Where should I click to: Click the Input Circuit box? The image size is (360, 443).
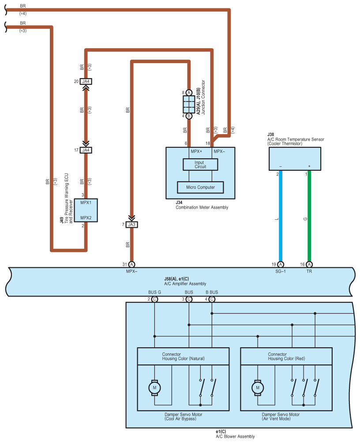(200, 165)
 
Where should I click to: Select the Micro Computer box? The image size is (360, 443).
(200, 188)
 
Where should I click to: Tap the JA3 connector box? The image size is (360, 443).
(131, 225)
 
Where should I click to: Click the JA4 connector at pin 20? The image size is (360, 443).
(86, 81)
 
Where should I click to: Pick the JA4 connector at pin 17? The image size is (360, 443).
(86, 150)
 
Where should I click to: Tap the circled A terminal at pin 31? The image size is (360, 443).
(131, 264)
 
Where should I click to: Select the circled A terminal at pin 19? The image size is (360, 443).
(281, 264)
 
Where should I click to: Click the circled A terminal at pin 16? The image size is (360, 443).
(309, 264)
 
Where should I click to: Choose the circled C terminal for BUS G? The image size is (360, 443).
(154, 299)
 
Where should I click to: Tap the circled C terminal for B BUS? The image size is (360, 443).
(212, 299)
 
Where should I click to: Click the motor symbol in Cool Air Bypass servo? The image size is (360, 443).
(154, 387)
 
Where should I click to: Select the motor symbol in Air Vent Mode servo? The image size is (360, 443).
(258, 387)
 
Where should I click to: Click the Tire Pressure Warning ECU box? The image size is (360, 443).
(86, 210)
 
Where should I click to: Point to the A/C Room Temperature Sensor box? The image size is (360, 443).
(295, 159)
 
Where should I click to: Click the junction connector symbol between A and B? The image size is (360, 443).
(189, 104)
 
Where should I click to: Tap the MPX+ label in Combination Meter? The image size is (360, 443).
(196, 151)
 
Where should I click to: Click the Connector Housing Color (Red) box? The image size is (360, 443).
(286, 356)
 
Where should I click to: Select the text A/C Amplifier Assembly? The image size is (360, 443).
(185, 284)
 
